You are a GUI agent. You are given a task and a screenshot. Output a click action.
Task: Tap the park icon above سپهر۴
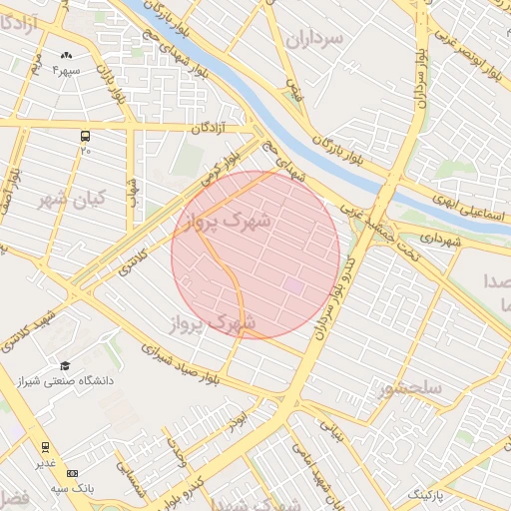(x=66, y=56)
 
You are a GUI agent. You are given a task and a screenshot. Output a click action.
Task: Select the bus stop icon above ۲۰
(x=86, y=134)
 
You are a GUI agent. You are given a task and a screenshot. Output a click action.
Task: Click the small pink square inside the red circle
(x=293, y=285)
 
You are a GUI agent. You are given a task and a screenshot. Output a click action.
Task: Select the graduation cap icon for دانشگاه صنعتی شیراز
(x=65, y=366)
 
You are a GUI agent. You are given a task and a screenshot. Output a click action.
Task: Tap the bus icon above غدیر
(x=45, y=447)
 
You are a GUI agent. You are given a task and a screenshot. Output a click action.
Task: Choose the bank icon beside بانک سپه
(x=71, y=473)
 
